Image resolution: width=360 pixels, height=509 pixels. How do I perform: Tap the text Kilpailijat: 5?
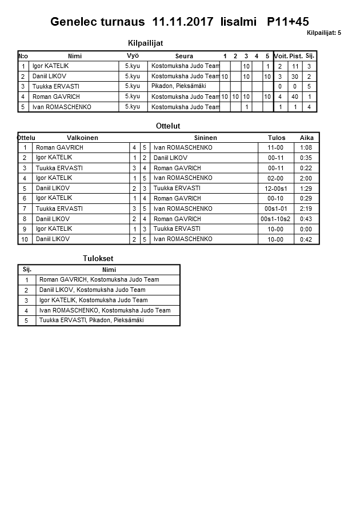323,33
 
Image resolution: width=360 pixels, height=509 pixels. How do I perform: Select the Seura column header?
184,56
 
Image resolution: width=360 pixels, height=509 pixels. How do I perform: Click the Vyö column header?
133,55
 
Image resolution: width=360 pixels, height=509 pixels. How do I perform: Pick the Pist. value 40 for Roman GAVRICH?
295,97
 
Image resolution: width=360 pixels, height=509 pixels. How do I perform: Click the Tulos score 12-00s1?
275,189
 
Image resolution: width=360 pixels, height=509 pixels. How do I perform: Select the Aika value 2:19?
306,209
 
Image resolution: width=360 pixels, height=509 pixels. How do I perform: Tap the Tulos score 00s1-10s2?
275,219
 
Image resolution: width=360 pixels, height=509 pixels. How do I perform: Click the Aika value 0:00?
306,229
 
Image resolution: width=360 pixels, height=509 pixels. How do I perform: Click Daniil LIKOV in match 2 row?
170,158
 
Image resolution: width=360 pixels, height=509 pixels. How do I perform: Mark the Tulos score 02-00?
275,178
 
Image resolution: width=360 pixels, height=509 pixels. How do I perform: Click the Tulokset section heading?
98,259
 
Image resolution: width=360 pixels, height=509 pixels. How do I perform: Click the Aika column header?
306,138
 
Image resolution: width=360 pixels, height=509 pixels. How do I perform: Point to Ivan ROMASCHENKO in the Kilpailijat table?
62,107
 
